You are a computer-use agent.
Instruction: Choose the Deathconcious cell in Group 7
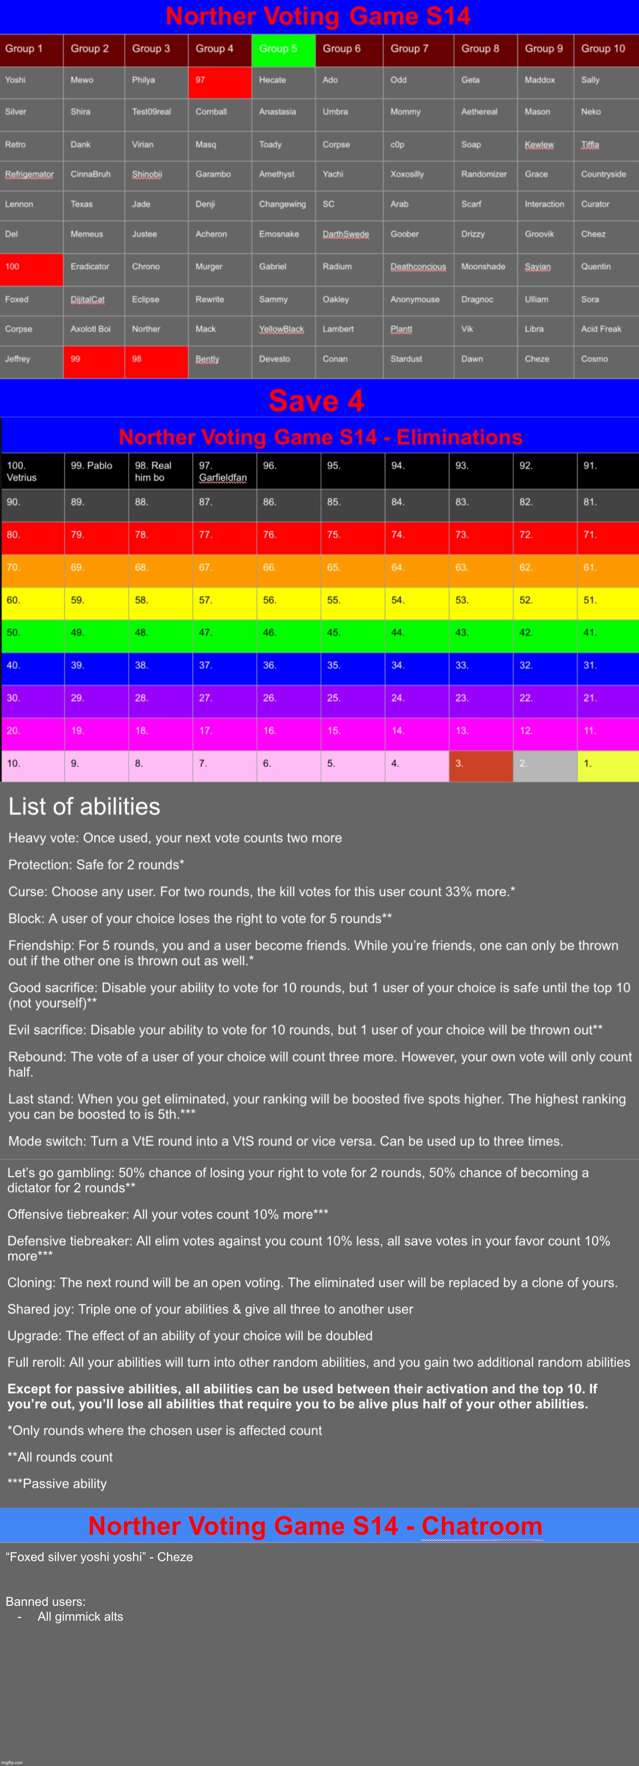pyautogui.click(x=418, y=267)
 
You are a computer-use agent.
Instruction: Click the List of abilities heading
pyautogui.click(x=84, y=806)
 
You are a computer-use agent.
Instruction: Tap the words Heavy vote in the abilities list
pyautogui.click(x=42, y=838)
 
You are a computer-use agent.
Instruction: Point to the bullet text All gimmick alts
pyautogui.click(x=80, y=1617)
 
